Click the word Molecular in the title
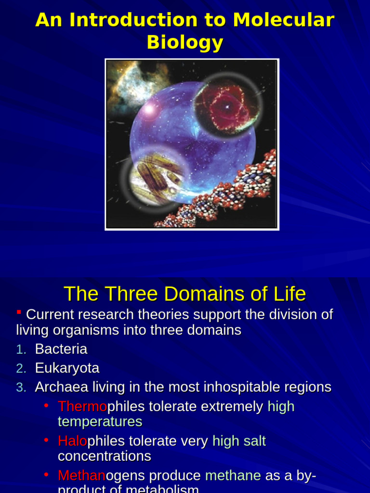pyautogui.click(x=283, y=20)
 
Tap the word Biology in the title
pyautogui.click(x=185, y=42)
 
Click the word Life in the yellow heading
pyautogui.click(x=287, y=294)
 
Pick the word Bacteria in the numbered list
pyautogui.click(x=61, y=349)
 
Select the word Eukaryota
pyautogui.click(x=67, y=368)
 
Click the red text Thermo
pyautogui.click(x=82, y=407)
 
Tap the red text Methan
pyautogui.click(x=81, y=476)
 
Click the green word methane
pyautogui.click(x=233, y=476)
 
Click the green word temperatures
pyautogui.click(x=100, y=422)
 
